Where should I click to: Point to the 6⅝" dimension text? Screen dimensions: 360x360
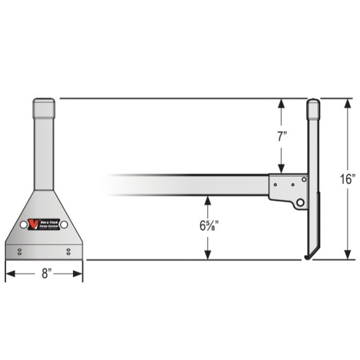[207, 226]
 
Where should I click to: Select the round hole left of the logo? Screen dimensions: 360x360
[24, 225]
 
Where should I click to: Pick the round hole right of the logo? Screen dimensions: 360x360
[64, 225]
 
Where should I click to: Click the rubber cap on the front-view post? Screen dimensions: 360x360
[44, 108]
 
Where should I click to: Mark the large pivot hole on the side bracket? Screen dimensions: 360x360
[300, 203]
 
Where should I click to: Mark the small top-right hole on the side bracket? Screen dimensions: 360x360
[304, 179]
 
